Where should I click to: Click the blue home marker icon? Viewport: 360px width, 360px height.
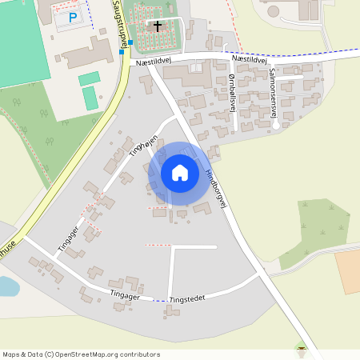[179, 172]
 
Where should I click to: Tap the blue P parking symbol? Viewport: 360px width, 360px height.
[73, 17]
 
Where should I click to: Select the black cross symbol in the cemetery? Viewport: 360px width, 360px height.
[157, 26]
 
